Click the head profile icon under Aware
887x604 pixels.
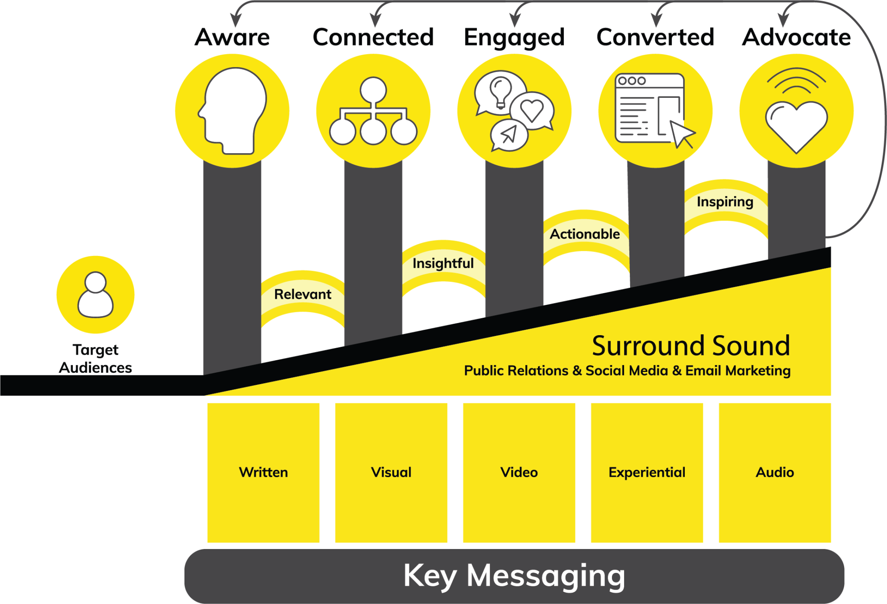(x=233, y=110)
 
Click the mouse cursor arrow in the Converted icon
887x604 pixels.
(x=682, y=134)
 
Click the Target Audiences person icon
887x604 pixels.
(x=95, y=294)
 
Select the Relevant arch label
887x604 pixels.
(x=303, y=294)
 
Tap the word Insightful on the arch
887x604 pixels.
(x=443, y=263)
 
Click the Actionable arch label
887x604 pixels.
(x=585, y=234)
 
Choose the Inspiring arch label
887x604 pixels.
(x=725, y=202)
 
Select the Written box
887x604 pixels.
(x=263, y=472)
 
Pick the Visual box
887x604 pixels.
(x=391, y=472)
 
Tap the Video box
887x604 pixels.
(x=519, y=472)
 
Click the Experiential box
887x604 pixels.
(x=647, y=472)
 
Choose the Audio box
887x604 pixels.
(x=775, y=472)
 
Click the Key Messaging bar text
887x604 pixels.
(x=514, y=576)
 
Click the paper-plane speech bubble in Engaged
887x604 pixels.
(x=509, y=135)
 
